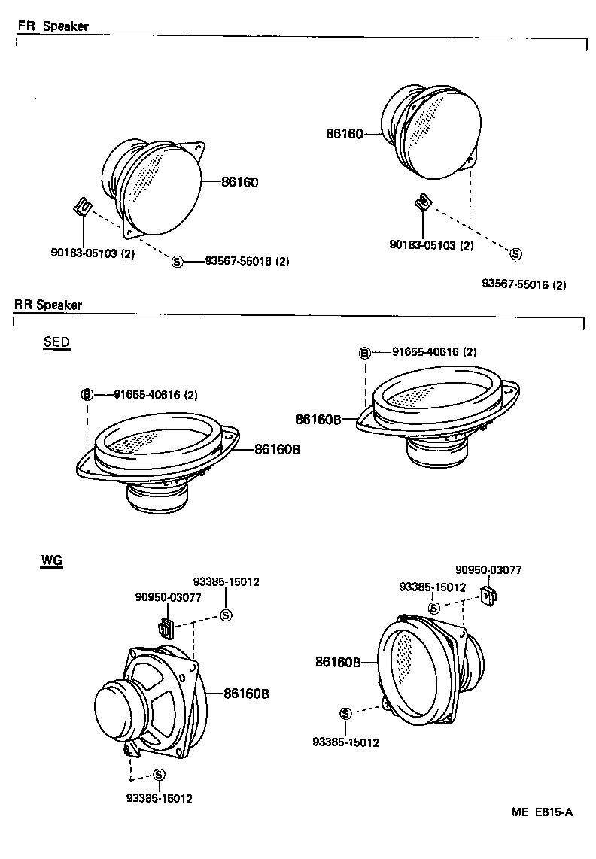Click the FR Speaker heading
click(x=53, y=26)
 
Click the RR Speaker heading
click(x=48, y=305)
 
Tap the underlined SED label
click(x=56, y=342)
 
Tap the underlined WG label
click(x=52, y=560)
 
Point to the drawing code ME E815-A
click(x=542, y=812)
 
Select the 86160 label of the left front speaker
click(x=240, y=182)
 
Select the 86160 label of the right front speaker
click(x=345, y=135)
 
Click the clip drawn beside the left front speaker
click(x=84, y=207)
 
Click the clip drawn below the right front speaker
click(x=423, y=202)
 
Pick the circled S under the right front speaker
click(x=515, y=254)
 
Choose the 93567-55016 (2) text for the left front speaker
click(x=247, y=262)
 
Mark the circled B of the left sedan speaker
click(x=87, y=395)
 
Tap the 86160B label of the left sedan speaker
click(x=277, y=449)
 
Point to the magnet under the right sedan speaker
click(x=436, y=451)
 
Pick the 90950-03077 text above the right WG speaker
click(x=488, y=571)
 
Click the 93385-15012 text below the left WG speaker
click(x=160, y=798)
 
